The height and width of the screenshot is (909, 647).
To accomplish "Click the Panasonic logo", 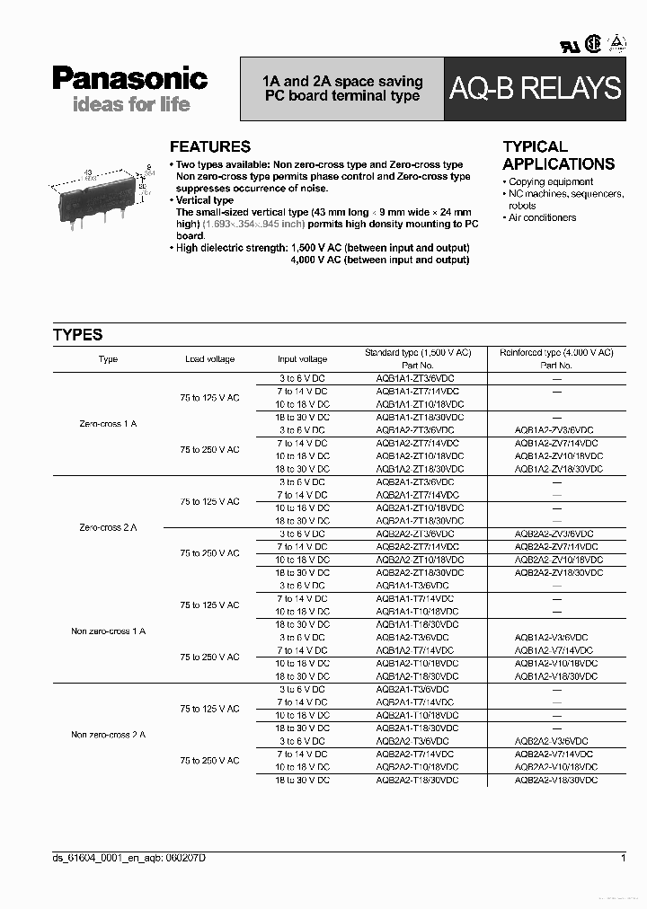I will click(x=129, y=79).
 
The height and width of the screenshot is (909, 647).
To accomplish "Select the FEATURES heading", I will click(x=210, y=146).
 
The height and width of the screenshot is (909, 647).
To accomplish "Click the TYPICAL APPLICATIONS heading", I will click(x=558, y=155).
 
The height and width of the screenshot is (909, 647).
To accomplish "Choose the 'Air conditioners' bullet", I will click(x=542, y=217).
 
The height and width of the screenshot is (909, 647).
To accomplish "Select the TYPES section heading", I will click(x=78, y=335).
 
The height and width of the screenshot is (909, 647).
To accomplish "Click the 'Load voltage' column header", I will click(x=209, y=359).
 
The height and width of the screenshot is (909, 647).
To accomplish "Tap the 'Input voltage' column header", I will click(x=302, y=359).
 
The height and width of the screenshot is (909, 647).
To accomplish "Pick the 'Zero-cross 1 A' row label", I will click(x=108, y=423).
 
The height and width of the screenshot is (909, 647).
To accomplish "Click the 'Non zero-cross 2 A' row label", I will click(x=108, y=735).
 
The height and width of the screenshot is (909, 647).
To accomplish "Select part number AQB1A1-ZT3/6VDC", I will click(x=415, y=379).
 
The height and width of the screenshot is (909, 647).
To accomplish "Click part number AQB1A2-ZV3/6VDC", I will click(x=555, y=430).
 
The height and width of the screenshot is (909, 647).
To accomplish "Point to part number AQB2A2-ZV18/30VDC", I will click(x=556, y=572).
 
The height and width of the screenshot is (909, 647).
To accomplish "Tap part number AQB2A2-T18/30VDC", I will click(x=417, y=781).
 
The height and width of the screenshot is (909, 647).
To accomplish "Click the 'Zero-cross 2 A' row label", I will click(x=108, y=527).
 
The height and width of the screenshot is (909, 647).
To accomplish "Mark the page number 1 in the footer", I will click(x=623, y=859).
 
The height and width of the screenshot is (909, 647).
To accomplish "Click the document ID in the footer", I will click(x=129, y=859).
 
